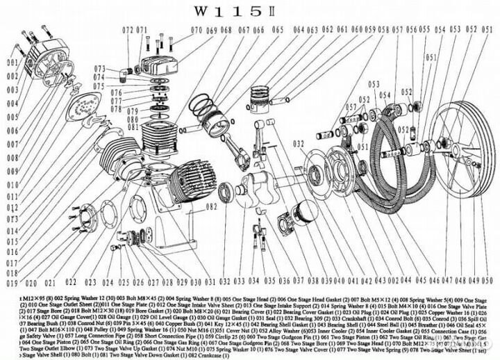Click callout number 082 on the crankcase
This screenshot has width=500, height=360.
coord(211,206)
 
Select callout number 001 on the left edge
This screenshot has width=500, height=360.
coord(10,62)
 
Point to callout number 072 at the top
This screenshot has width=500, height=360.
coord(127,30)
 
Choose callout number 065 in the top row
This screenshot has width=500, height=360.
coord(277,30)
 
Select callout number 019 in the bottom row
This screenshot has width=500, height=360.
coord(11,284)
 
